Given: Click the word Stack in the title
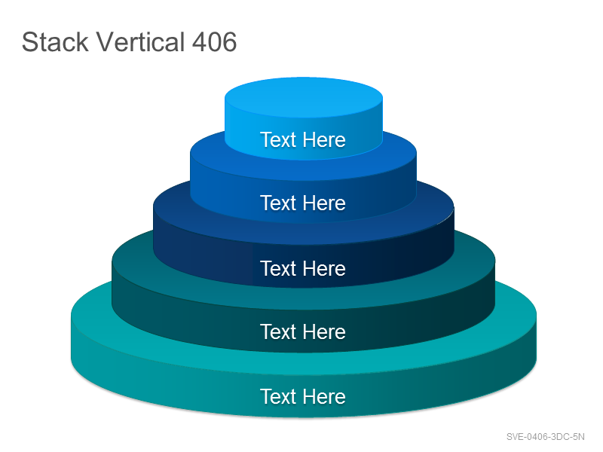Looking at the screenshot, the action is [x=55, y=41].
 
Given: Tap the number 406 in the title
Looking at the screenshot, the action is [x=214, y=41].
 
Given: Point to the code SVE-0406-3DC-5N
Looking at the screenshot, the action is [x=545, y=437].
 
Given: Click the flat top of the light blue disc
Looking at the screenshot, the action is [x=304, y=97].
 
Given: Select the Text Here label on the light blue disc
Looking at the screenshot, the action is [x=303, y=139].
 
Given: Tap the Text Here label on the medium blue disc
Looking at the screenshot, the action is [x=303, y=203].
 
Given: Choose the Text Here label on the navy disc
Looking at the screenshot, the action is [x=303, y=268].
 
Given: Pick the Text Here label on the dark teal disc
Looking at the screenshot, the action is [x=303, y=331].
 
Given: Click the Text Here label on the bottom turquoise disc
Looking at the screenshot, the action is [x=303, y=396].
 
